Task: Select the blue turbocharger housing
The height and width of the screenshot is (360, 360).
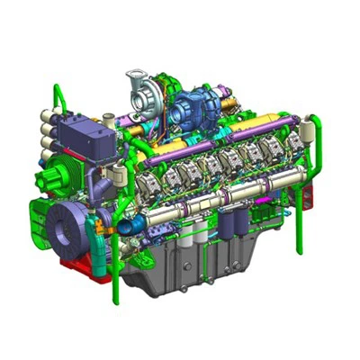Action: click(x=191, y=105)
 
